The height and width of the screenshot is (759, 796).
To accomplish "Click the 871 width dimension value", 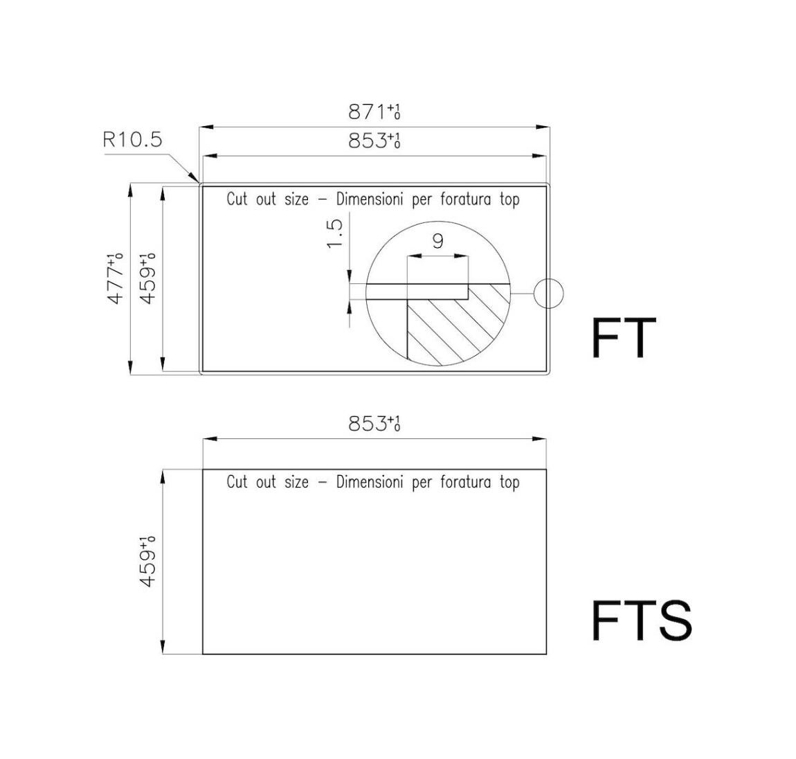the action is [x=374, y=111].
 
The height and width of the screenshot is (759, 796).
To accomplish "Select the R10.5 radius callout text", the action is [x=132, y=139].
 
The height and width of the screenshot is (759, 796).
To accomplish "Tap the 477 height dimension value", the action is [x=116, y=278].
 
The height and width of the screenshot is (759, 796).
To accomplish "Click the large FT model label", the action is [x=624, y=338].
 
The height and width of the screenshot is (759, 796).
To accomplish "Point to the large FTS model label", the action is [x=642, y=620].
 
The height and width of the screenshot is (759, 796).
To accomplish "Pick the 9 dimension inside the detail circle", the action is [x=438, y=241].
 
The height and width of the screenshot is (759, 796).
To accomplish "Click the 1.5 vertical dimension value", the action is [x=335, y=233].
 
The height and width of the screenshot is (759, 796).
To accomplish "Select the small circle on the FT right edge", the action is [x=548, y=294].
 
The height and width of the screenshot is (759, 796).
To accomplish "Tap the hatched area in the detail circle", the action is [x=452, y=325].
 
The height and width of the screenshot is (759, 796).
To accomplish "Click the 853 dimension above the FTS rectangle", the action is [x=374, y=423].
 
